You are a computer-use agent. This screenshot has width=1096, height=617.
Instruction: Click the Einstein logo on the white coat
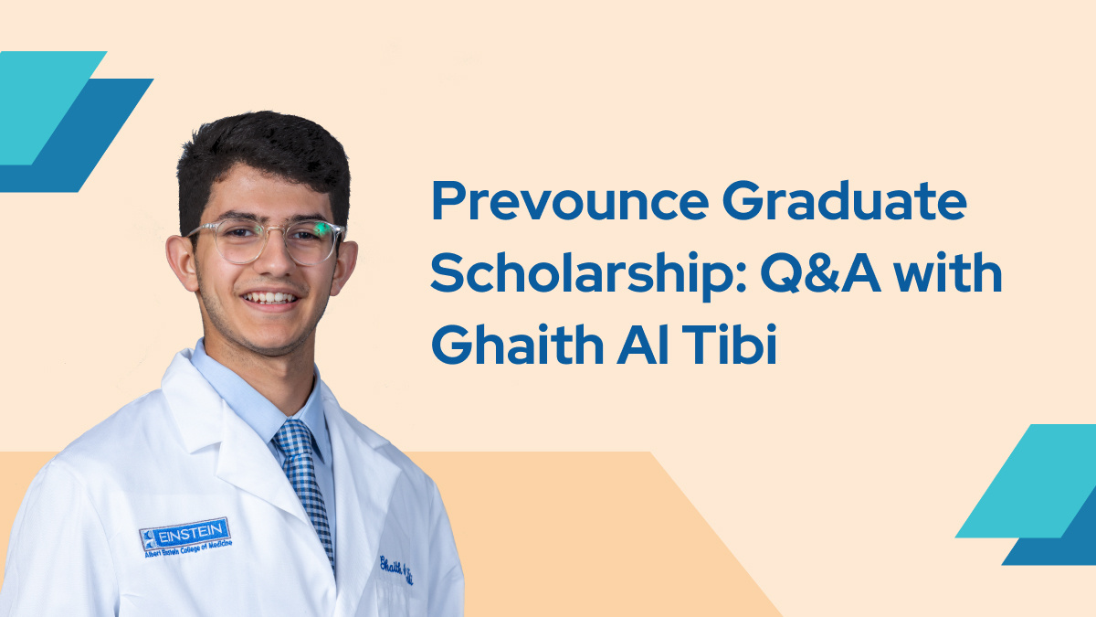click(x=185, y=531)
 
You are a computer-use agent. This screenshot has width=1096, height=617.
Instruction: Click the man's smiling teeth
click(x=271, y=298)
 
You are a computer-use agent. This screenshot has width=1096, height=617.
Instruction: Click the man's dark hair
click(x=260, y=155)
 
